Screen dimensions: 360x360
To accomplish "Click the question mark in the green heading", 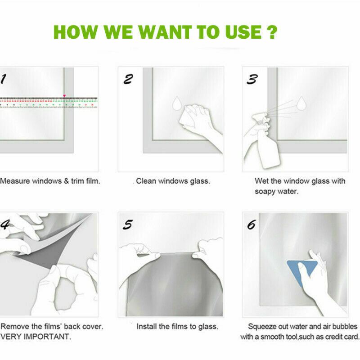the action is (272, 32).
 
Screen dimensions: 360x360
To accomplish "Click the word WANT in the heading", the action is (165, 32).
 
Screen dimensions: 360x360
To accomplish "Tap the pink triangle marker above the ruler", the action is (64, 96).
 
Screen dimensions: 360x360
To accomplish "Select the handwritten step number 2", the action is (128, 79).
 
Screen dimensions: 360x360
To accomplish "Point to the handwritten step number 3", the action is (252, 79).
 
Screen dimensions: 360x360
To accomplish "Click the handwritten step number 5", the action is (128, 225).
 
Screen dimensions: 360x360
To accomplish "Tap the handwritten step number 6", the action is (252, 225).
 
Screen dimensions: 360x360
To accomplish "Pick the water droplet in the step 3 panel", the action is (301, 103).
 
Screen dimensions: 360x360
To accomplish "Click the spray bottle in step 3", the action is (267, 142).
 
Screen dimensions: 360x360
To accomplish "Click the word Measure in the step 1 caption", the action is (15, 181).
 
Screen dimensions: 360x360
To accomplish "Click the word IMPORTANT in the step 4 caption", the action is (47, 337).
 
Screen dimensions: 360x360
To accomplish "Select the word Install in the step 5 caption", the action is (145, 326).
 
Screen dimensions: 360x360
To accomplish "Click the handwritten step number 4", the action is (5, 225).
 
